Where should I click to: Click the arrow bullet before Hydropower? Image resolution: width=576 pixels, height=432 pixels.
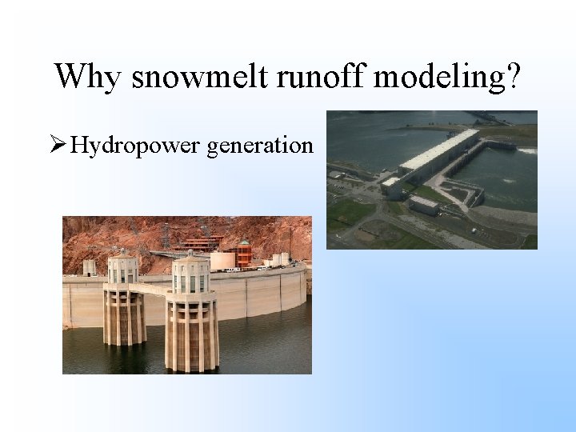click(x=58, y=145)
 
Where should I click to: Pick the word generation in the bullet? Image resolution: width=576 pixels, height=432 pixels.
click(x=259, y=146)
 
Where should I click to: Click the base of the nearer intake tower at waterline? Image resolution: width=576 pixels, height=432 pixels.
click(x=192, y=364)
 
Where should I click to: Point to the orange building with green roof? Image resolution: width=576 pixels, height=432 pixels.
click(x=243, y=254)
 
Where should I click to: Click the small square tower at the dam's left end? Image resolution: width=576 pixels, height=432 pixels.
click(x=90, y=267)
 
